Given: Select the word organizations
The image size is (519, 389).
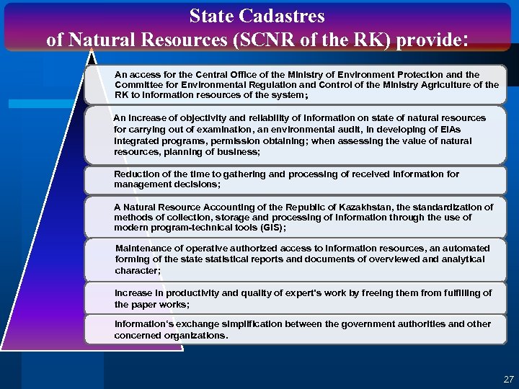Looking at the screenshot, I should (192, 335).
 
